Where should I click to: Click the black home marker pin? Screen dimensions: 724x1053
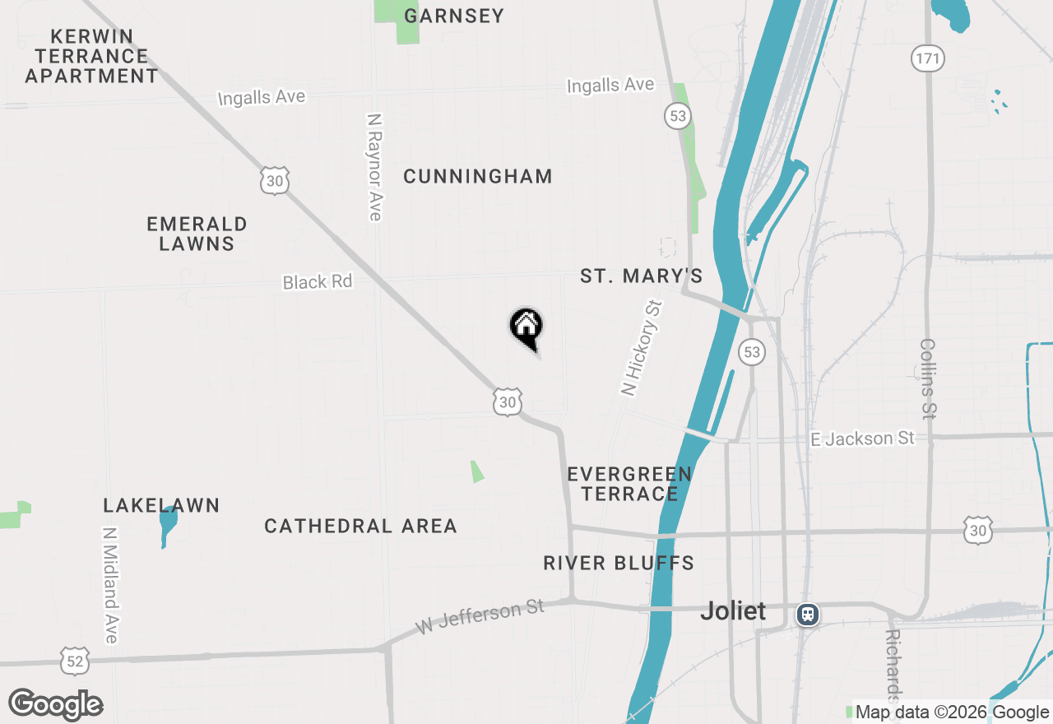(526, 327)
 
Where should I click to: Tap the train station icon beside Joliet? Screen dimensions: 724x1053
(808, 614)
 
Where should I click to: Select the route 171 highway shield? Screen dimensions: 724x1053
(927, 58)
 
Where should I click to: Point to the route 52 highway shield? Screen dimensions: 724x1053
(75, 659)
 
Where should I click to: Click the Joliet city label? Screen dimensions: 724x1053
(733, 611)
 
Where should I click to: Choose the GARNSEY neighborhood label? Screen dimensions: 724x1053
(454, 16)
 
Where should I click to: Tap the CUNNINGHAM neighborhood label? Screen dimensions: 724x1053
(478, 176)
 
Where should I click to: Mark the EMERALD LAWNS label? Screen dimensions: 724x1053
(197, 234)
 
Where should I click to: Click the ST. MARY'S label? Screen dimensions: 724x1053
(642, 276)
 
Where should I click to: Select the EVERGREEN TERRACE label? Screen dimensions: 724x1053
(629, 484)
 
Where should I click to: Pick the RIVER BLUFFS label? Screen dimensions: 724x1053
(619, 563)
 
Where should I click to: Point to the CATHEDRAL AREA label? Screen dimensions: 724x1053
(360, 526)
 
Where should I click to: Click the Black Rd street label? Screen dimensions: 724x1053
(318, 282)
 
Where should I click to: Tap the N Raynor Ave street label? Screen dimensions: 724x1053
(375, 167)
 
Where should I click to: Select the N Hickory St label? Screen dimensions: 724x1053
(642, 348)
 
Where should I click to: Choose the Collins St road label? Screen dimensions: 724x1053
(928, 378)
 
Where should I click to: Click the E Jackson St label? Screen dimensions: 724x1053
(862, 439)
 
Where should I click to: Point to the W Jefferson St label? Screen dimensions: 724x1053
(480, 617)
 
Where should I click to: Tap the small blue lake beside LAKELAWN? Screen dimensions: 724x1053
(168, 525)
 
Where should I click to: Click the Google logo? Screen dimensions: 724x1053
(56, 704)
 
